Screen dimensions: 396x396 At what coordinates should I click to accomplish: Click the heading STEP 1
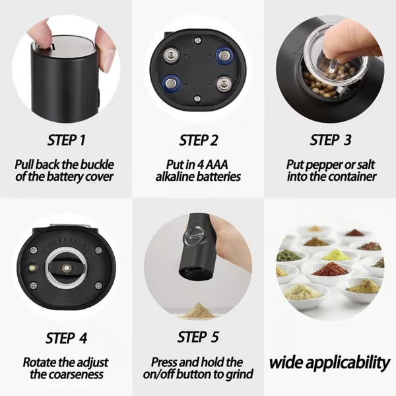66,140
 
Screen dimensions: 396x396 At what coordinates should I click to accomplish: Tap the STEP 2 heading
198,140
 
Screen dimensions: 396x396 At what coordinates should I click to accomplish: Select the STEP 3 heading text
330,140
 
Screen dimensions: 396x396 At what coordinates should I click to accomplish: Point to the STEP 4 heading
66,338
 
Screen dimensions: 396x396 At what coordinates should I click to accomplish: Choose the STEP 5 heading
198,337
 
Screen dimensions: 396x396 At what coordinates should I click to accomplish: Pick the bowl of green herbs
288,255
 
